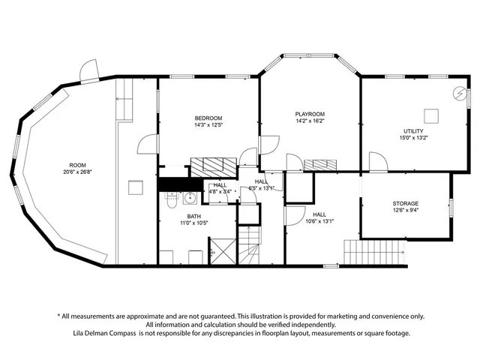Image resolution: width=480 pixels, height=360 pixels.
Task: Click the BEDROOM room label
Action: pos(208,118)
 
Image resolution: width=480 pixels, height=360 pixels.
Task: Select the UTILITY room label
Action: pos(414,130)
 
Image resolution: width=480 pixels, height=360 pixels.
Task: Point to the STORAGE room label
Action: pos(405,203)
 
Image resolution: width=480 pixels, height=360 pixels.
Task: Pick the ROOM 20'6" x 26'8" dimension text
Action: pos(78,172)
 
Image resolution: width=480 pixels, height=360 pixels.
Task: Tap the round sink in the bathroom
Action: pos(190,199)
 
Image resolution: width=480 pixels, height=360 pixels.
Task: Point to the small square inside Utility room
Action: pos(431,115)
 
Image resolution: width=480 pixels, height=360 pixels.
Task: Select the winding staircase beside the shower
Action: pos(248,244)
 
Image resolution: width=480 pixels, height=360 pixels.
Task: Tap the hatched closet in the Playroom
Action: pos(321,163)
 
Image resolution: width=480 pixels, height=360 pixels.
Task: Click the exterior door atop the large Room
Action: pos(89,71)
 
